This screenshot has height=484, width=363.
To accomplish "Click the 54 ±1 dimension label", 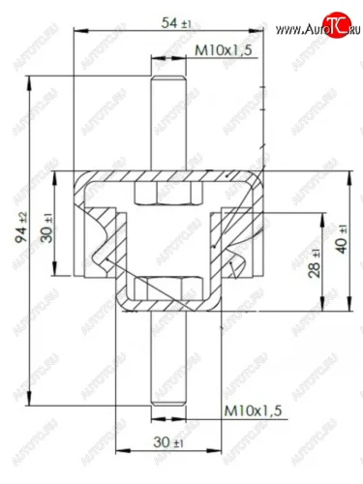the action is tap(176, 23).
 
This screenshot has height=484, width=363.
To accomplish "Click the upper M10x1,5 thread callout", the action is tap(223, 50).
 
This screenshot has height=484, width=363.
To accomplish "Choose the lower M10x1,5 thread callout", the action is tap(253, 410).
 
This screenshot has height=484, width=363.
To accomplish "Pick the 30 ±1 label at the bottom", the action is tap(168, 442).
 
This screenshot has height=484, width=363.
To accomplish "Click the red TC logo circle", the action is tap(338, 25).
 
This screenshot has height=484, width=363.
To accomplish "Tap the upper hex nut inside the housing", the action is tap(168, 194).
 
